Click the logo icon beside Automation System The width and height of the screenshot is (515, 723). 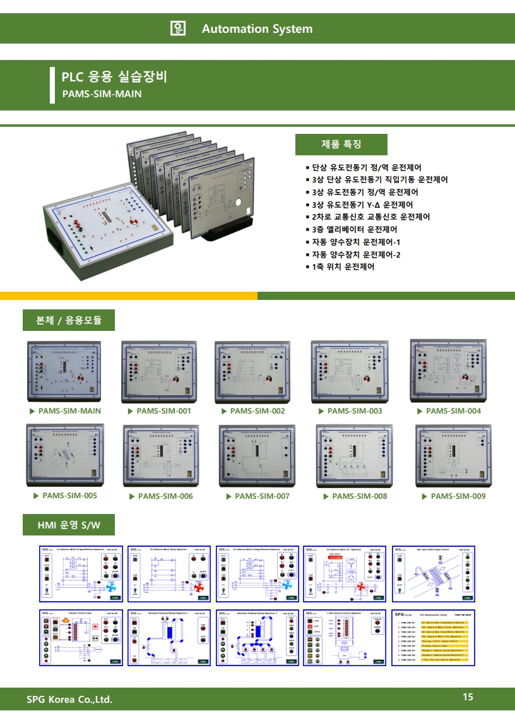[x=178, y=28]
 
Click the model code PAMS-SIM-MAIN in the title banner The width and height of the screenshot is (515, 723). [x=101, y=94]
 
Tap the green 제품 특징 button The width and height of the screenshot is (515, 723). [x=341, y=144]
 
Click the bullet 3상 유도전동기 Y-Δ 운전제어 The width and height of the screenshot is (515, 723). [x=362, y=205]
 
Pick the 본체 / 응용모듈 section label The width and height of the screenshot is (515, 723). [x=69, y=320]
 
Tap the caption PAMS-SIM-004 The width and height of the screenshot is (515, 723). [x=453, y=411]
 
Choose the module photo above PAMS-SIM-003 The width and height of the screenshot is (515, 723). [x=351, y=372]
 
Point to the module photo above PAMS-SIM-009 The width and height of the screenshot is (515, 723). [x=454, y=454]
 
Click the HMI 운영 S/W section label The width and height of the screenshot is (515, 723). [x=69, y=524]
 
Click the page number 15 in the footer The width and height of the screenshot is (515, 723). [x=468, y=697]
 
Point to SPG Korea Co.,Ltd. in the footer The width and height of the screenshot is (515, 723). [x=69, y=699]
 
